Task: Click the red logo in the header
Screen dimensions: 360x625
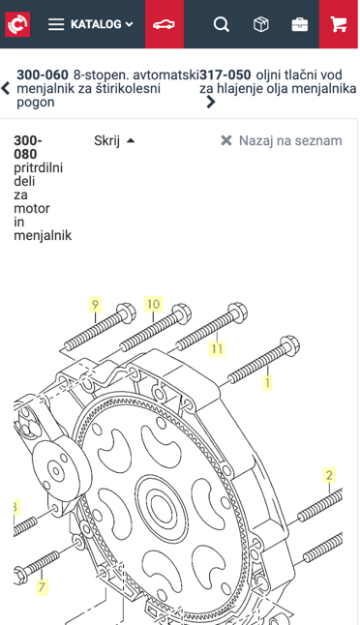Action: click(x=17, y=24)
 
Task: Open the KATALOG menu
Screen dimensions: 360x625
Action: click(x=91, y=24)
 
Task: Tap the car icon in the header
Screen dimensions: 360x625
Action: click(x=164, y=24)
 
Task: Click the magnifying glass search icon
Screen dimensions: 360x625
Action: click(x=222, y=24)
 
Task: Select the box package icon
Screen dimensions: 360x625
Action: click(x=260, y=24)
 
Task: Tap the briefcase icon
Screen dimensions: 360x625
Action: click(x=300, y=25)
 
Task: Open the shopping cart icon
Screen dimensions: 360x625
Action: click(x=339, y=24)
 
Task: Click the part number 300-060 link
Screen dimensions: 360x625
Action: click(x=43, y=74)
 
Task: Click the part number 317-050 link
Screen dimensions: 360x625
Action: click(x=225, y=74)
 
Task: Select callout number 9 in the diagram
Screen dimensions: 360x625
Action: click(x=95, y=305)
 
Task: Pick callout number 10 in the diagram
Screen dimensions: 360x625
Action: click(x=154, y=305)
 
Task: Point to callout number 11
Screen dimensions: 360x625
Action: click(x=217, y=348)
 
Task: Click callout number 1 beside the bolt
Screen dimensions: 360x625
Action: click(x=267, y=383)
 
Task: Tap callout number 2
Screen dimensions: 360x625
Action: click(x=329, y=475)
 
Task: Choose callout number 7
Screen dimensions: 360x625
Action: click(x=42, y=586)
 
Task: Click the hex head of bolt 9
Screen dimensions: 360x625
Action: click(x=127, y=312)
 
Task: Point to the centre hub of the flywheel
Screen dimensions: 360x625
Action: click(x=162, y=507)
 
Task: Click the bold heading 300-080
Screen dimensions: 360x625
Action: click(x=28, y=147)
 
